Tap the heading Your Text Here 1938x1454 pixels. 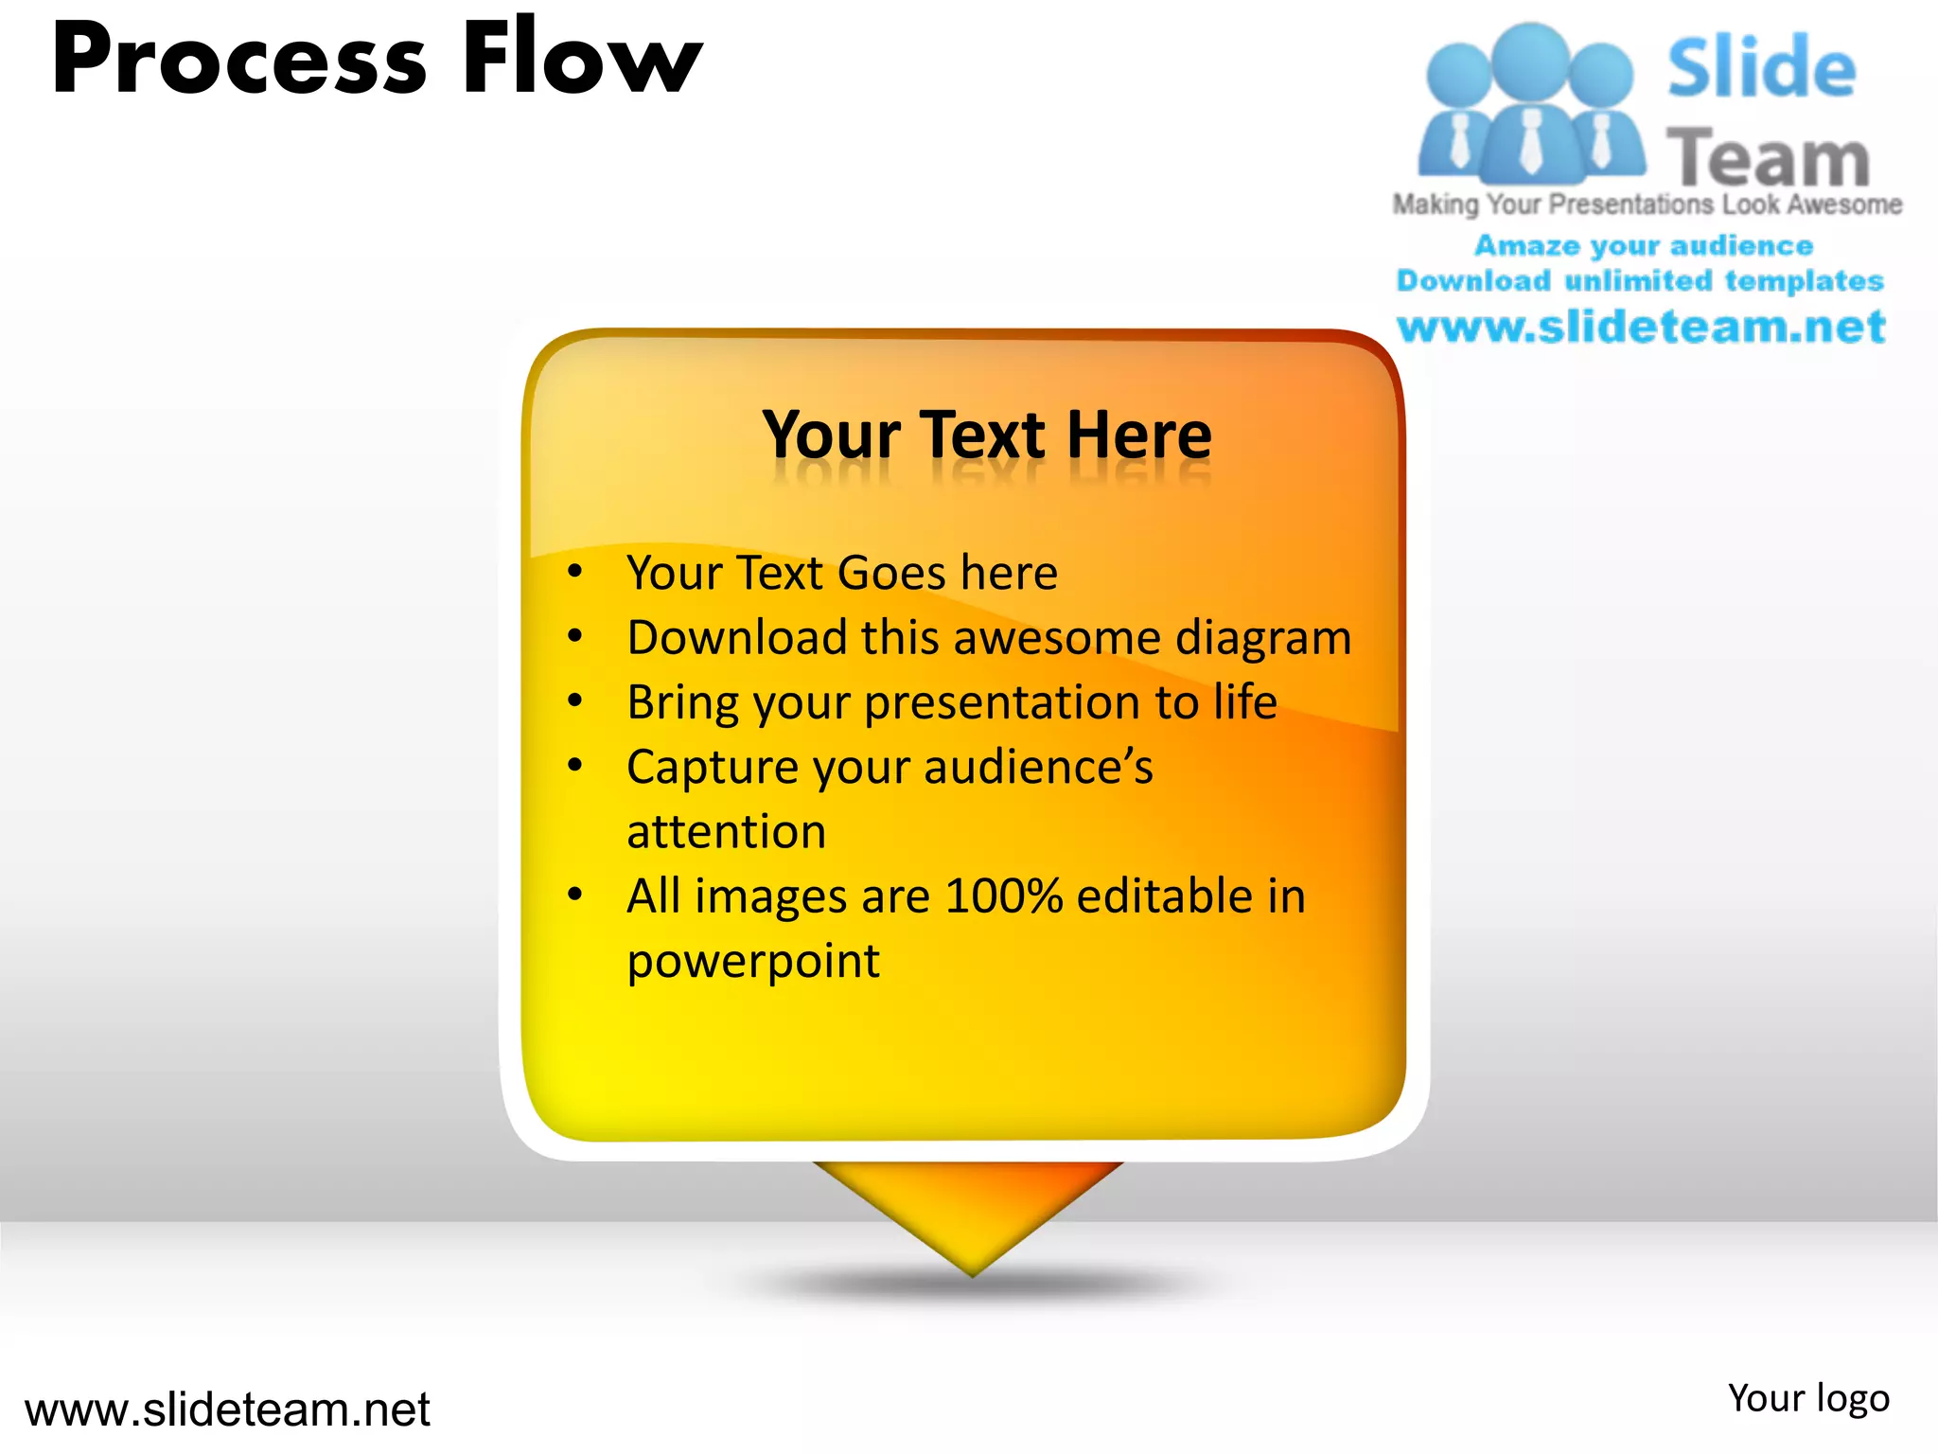[986, 435]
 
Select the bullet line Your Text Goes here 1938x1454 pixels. [841, 574]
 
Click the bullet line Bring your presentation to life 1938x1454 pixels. [951, 702]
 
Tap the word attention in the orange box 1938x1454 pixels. [726, 832]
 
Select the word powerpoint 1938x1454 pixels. [753, 961]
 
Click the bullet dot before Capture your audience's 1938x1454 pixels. [574, 765]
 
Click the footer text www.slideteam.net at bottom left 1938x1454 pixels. [227, 1410]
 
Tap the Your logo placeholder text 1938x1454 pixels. [1807, 1398]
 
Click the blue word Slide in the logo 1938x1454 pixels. [1760, 68]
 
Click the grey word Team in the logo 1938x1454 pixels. [1767, 158]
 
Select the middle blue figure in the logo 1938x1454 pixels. [1530, 104]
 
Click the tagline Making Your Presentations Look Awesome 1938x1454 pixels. [1647, 204]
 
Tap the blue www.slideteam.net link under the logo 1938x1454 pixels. [1641, 328]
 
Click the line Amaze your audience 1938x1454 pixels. [1643, 246]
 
